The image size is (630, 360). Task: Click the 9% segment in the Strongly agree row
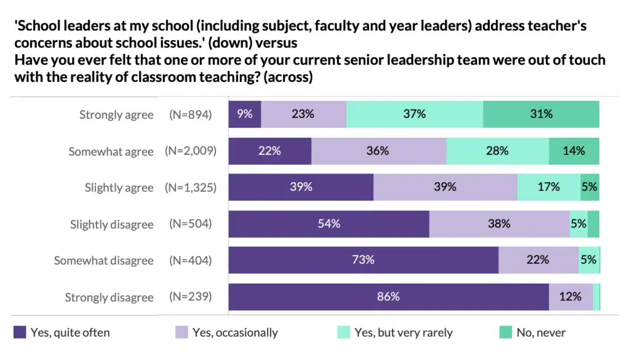pyautogui.click(x=245, y=114)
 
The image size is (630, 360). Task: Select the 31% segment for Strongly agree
pyautogui.click(x=541, y=114)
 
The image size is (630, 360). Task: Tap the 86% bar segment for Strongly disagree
pyautogui.click(x=388, y=297)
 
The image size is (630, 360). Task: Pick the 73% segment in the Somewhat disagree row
pyautogui.click(x=363, y=260)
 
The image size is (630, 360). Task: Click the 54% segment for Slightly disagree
pyautogui.click(x=329, y=224)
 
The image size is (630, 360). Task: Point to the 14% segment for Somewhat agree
pyautogui.click(x=573, y=151)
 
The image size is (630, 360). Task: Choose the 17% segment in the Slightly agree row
pyautogui.click(x=548, y=187)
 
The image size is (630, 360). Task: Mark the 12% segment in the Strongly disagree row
pyautogui.click(x=570, y=297)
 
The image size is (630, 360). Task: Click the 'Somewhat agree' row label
pyautogui.click(x=111, y=151)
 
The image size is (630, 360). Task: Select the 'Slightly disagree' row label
pyautogui.click(x=111, y=225)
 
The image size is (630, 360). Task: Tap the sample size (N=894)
pyautogui.click(x=191, y=114)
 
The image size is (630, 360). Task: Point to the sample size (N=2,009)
pyautogui.click(x=191, y=151)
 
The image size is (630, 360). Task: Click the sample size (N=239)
pyautogui.click(x=191, y=297)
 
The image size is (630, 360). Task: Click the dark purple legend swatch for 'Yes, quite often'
pyautogui.click(x=20, y=333)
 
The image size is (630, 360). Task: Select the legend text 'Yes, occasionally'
pyautogui.click(x=235, y=333)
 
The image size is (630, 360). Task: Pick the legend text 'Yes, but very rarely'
pyautogui.click(x=403, y=333)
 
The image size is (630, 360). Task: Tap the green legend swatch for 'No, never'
pyautogui.click(x=505, y=333)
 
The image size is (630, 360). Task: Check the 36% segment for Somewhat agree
pyautogui.click(x=378, y=151)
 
